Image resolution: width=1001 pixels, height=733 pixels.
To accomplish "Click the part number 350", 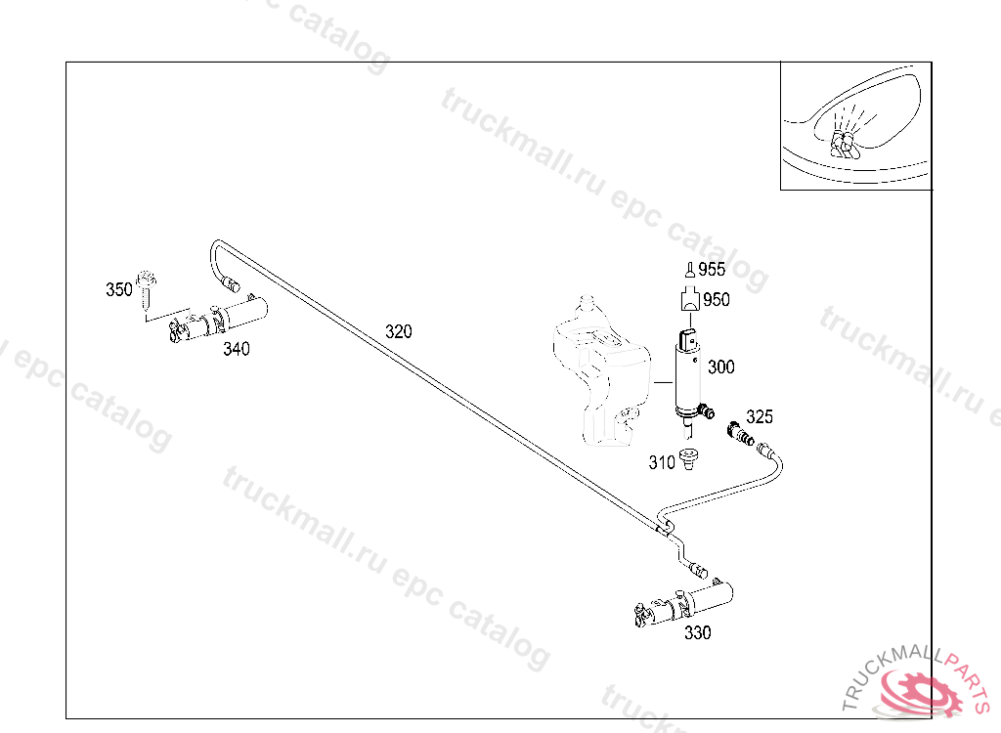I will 118,289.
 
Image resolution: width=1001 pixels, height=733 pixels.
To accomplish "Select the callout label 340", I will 236,349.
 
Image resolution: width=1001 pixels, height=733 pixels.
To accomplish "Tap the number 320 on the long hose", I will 398,331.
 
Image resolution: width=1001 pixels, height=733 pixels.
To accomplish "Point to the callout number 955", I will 712,270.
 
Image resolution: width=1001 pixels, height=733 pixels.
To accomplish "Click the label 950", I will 717,300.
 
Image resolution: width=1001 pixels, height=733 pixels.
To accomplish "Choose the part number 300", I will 721,366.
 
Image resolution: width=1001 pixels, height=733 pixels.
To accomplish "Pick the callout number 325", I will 760,417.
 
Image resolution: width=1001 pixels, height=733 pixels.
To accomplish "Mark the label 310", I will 662,462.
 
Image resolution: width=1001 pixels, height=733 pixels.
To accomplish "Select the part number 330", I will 698,632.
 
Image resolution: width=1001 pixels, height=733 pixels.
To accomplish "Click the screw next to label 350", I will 147,287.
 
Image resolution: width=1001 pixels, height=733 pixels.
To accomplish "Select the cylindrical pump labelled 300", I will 689,376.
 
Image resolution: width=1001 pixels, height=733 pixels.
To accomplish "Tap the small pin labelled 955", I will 690,271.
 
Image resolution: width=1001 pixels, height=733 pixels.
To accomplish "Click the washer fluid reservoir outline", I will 601,376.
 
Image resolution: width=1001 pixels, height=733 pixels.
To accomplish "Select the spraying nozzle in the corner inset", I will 844,143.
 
